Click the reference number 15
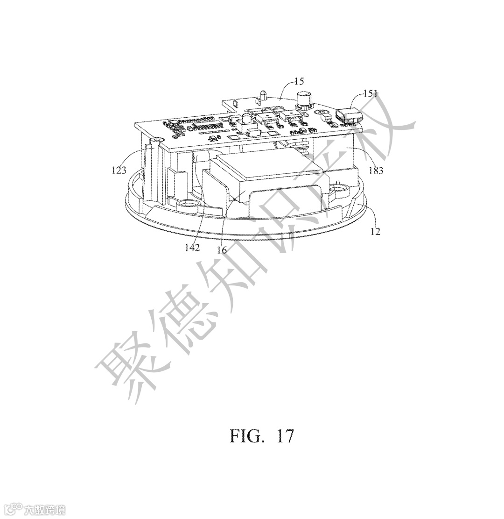[299, 81]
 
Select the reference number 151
[371, 94]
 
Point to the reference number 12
[375, 231]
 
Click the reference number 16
[222, 250]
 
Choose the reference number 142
[192, 248]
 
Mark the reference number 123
[119, 171]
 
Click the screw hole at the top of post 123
[155, 140]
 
